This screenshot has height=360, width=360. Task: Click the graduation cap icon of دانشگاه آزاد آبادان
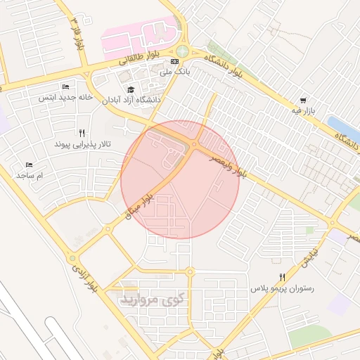[x=131, y=89]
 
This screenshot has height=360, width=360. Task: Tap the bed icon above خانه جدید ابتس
[x=65, y=86]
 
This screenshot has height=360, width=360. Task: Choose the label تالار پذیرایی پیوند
[x=82, y=143]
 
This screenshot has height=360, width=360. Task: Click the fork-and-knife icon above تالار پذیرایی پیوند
[x=82, y=133]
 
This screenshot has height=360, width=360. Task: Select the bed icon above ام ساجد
[x=29, y=164]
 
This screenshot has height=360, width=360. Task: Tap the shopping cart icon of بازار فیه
[x=303, y=101]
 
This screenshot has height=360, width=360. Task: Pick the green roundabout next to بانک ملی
[x=182, y=51]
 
